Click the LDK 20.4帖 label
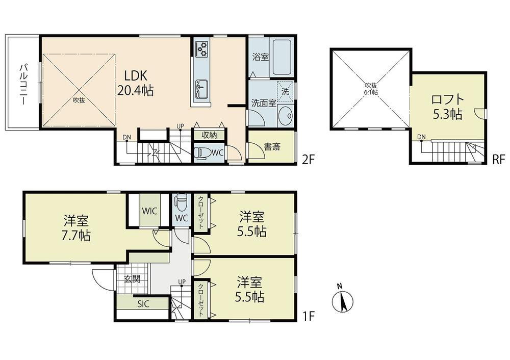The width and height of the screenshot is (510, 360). tap(135, 83)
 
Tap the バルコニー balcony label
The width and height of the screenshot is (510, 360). tap(23, 84)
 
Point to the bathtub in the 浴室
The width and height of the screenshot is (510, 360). tap(283, 58)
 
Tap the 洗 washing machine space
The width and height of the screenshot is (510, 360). tap(285, 91)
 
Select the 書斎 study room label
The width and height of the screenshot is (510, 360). tap(272, 147)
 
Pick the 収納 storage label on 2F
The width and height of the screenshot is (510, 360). tap(209, 135)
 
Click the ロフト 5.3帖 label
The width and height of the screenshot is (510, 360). tap(447, 107)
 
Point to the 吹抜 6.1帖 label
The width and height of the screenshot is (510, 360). tap(370, 89)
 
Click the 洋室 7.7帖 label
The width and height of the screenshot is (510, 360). tap(76, 227)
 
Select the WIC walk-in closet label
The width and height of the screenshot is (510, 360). tap(149, 211)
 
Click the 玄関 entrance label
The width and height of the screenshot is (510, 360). tap(133, 279)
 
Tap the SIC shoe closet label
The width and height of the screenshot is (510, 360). tap(143, 304)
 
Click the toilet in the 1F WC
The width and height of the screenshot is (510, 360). tap(181, 202)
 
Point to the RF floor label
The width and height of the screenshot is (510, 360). tap(498, 160)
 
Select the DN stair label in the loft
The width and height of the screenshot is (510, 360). tap(422, 137)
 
